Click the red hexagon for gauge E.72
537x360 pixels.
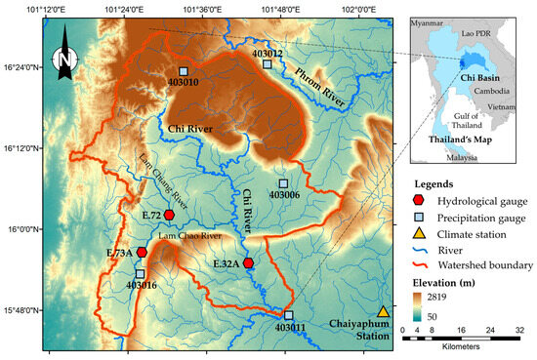pos(169,215)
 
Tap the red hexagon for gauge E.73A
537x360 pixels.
pos(142,253)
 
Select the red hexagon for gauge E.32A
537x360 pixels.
pos(249,263)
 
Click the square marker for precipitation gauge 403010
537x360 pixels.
pos(183,71)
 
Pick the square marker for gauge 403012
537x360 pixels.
pos(267,64)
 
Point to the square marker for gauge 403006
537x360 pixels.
pos(283,183)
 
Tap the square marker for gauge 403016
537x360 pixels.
pos(140,274)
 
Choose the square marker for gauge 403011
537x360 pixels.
pos(289,315)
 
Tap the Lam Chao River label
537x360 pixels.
pos(186,236)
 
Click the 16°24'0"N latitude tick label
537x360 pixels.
pos(21,67)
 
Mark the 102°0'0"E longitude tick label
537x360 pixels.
pos(359,8)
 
